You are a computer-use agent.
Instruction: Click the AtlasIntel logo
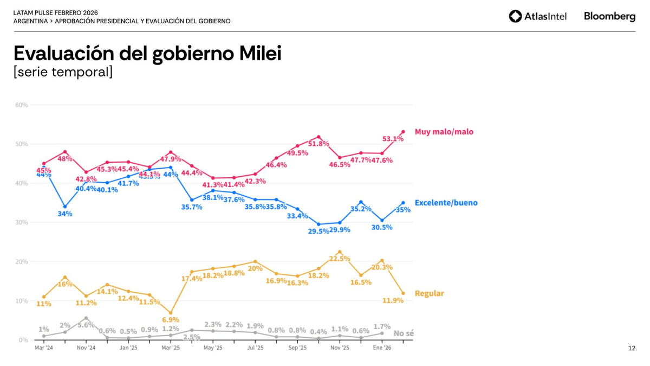coord(537,16)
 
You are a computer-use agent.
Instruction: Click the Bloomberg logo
coord(609,16)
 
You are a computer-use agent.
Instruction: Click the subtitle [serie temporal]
coord(63,72)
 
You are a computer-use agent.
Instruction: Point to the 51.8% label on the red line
coord(318,144)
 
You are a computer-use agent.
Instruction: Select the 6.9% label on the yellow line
coord(171,320)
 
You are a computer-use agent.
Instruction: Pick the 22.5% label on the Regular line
coord(340,259)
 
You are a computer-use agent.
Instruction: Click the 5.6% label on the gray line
coord(86,325)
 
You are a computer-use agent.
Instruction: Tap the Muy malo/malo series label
coord(444,132)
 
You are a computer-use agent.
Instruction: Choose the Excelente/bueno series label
coord(446,203)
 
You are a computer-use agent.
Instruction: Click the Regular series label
coord(429,293)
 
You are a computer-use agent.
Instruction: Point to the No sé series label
coord(404,333)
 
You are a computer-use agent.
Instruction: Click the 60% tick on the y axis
coord(22,105)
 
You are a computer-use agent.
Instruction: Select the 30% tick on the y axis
coord(22,222)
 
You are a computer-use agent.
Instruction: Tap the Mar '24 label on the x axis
coord(43,348)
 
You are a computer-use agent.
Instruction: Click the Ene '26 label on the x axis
coord(382,348)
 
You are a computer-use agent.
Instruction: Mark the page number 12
coord(632,348)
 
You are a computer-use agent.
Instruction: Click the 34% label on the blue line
coord(65,214)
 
